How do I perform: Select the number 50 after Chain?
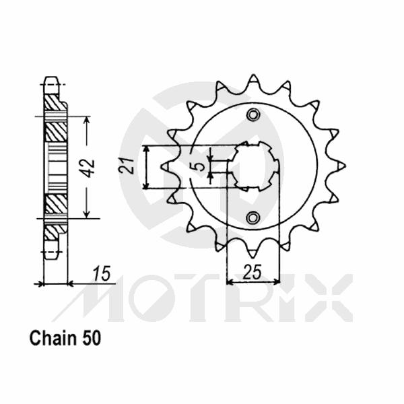tap(92, 338)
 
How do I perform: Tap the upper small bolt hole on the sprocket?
tap(253, 115)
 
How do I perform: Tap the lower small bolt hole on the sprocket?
tap(253, 217)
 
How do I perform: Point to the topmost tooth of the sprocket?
tap(252, 79)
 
